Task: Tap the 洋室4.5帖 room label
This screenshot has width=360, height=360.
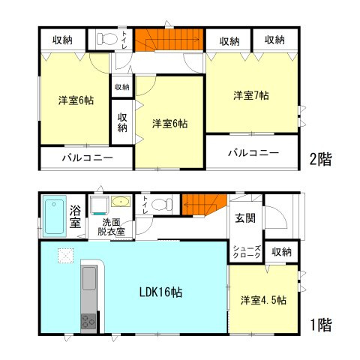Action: tap(263, 300)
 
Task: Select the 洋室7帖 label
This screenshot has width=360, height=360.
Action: tap(251, 95)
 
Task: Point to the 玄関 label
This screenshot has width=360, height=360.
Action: tap(247, 217)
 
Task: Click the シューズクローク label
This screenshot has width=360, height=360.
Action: tap(247, 253)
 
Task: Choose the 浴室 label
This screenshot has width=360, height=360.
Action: tap(76, 216)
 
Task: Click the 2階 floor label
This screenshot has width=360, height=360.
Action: tap(320, 158)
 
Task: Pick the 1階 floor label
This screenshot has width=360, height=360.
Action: tap(320, 325)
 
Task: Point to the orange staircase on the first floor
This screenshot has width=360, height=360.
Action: tap(203, 202)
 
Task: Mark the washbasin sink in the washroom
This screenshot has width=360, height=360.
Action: tap(119, 202)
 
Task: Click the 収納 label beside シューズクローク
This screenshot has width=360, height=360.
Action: tap(281, 252)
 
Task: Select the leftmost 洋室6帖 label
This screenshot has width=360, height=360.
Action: tap(76, 101)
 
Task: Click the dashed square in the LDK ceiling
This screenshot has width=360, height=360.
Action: tap(65, 256)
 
